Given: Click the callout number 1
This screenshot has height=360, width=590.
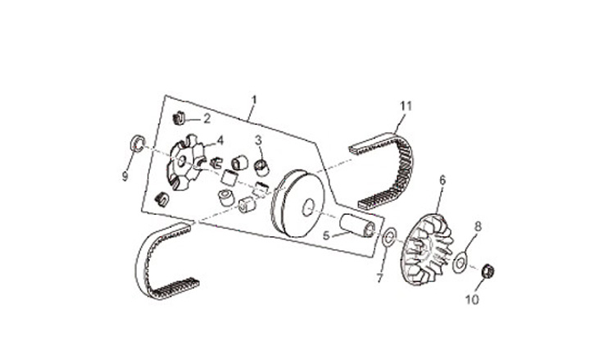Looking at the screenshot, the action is point(254,100).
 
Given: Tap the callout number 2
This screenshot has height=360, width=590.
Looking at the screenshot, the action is point(207,118).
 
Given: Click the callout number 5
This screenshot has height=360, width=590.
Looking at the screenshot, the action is point(326,235).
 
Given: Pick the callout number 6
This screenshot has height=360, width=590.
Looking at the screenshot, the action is point(442,180).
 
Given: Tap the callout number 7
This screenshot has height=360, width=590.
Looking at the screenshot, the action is point(379,278).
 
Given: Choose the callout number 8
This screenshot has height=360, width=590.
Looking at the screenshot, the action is point(479,226).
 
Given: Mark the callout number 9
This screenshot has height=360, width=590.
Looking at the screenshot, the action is point(125,175).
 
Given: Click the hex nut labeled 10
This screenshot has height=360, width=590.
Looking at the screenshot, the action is point(487,270).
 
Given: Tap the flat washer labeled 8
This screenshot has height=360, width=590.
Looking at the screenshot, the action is point(462,262).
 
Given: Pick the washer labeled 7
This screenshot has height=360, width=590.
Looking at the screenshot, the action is point(390,239).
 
